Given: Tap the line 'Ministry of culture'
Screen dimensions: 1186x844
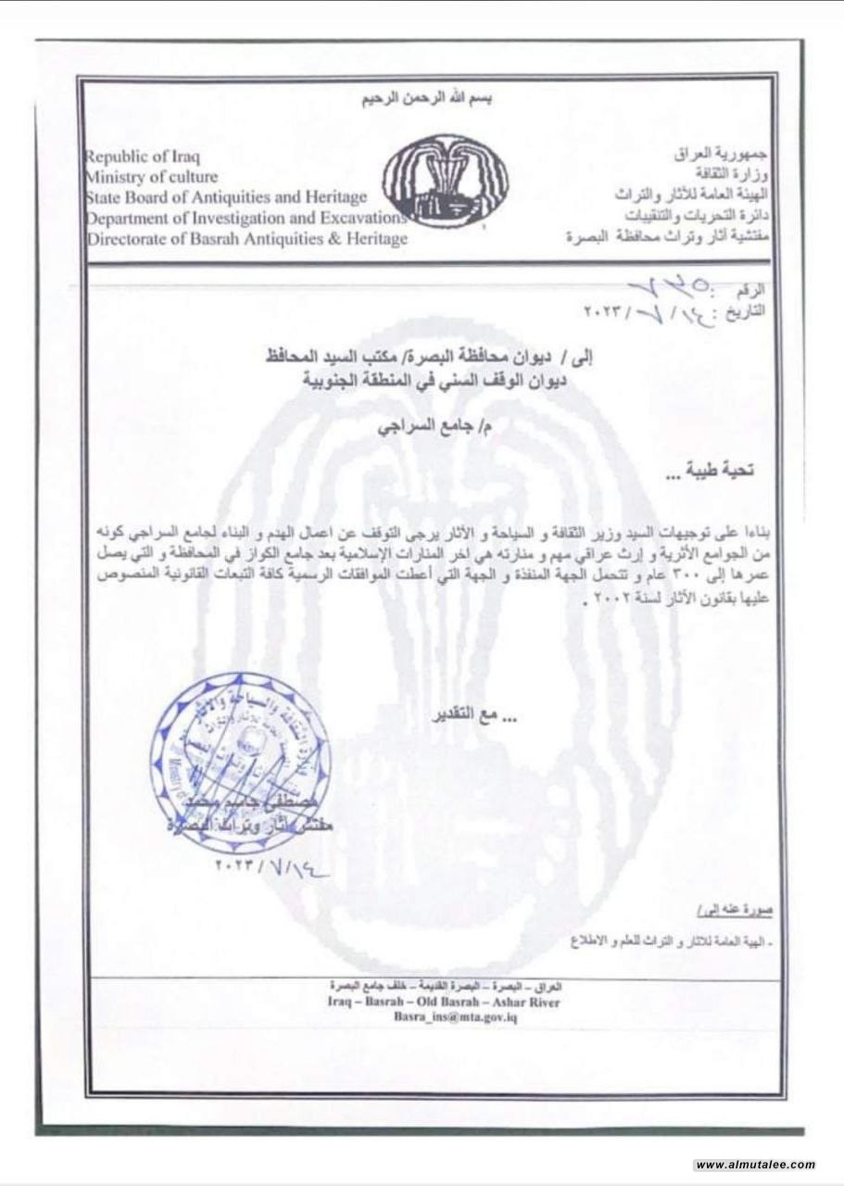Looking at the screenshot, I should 151,176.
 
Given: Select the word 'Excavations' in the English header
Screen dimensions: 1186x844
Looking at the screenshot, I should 361,218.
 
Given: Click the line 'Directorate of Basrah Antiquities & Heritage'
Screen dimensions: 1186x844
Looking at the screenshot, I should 246,239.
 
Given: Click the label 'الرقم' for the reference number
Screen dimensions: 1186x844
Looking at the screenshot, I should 753,290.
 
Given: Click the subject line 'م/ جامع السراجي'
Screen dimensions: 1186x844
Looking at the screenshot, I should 423,428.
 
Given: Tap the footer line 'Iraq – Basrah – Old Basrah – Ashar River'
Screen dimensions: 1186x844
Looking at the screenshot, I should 444,1002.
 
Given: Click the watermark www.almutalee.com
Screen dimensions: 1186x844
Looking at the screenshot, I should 754,1165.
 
